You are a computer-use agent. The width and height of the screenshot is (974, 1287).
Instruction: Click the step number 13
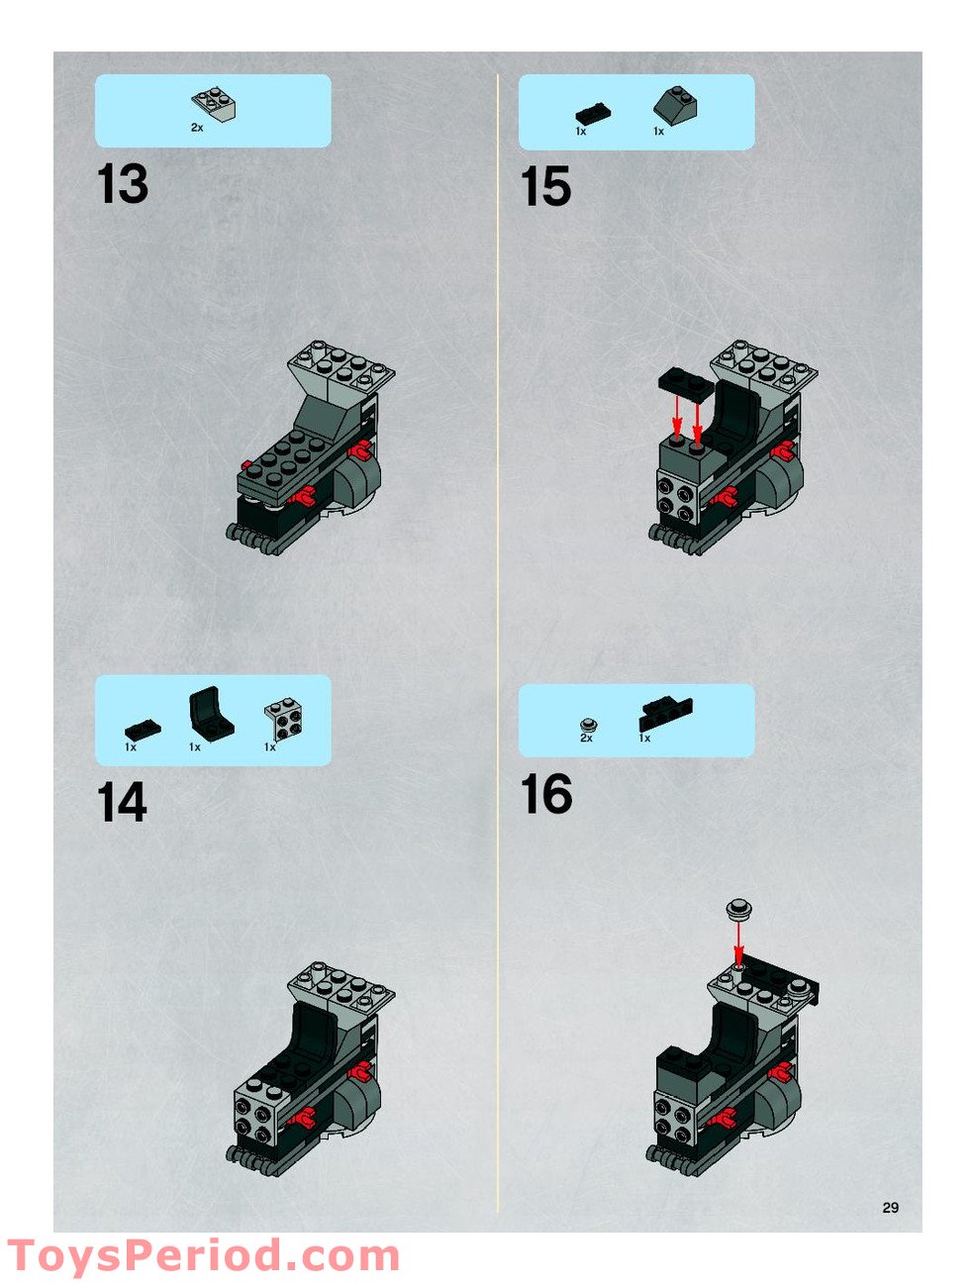tap(123, 185)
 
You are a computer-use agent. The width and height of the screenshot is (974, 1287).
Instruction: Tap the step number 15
tap(545, 187)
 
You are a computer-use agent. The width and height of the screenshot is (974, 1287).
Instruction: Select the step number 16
tap(546, 795)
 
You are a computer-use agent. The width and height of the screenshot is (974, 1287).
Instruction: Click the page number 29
tap(890, 1207)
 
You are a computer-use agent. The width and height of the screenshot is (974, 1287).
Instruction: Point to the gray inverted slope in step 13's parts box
tap(214, 105)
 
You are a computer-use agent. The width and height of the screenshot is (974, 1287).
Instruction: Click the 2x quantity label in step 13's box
tap(197, 128)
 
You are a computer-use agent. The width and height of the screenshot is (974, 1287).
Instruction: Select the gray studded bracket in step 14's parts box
tap(284, 720)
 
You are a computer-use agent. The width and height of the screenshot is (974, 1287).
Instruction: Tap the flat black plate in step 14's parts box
tap(143, 729)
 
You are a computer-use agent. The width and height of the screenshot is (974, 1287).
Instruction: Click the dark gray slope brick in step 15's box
tap(675, 106)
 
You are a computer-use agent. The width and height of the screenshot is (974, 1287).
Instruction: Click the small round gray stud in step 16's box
tap(587, 723)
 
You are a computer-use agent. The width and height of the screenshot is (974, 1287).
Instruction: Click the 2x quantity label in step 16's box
tap(586, 739)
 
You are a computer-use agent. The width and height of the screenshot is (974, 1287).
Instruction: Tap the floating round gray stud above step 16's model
tap(738, 909)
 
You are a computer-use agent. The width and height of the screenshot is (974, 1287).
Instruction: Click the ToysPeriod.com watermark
tap(203, 1256)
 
